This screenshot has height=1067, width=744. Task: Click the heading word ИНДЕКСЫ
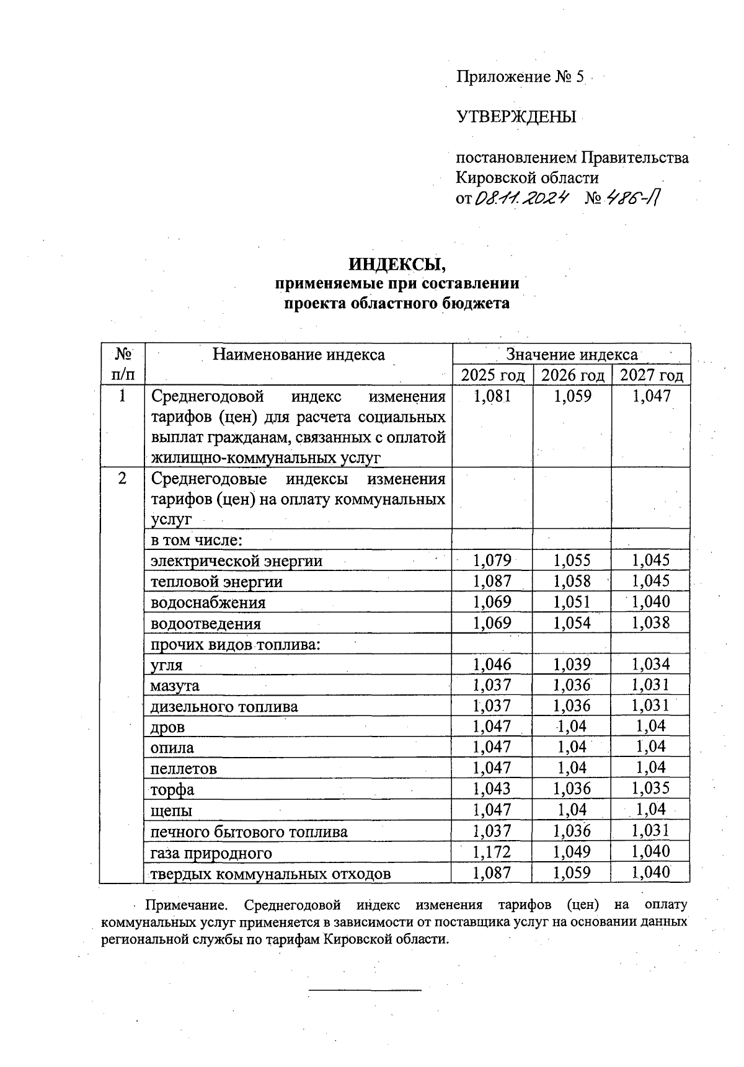397,264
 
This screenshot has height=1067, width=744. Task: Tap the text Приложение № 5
520,77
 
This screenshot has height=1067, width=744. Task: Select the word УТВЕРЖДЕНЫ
516,117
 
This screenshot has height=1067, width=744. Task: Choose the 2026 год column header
572,375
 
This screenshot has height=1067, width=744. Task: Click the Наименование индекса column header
298,355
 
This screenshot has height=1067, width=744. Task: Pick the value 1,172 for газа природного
492,852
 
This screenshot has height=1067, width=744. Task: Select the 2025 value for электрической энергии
492,560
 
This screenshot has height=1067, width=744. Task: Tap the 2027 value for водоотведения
650,623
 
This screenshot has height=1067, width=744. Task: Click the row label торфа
172,790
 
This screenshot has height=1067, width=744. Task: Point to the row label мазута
175,686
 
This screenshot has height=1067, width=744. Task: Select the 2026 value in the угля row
572,665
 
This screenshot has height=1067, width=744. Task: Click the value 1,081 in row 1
492,396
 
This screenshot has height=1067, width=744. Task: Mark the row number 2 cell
122,479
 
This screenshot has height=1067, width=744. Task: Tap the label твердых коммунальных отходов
271,874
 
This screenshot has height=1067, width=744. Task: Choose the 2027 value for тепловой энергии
650,582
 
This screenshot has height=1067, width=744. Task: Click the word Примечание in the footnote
189,905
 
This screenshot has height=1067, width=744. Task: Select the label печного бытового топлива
249,831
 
